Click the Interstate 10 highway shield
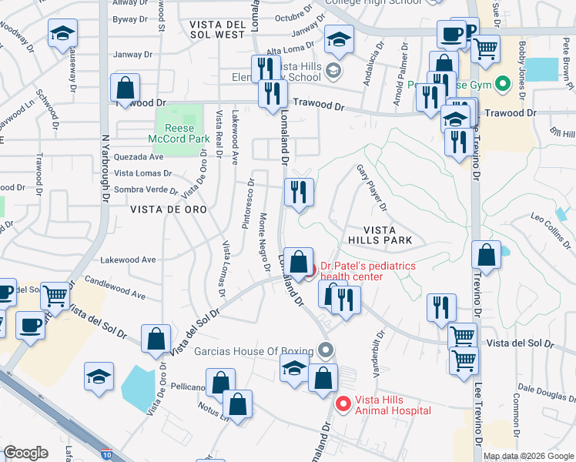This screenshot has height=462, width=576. click(x=106, y=454)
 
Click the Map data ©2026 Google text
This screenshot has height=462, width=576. click(x=528, y=456)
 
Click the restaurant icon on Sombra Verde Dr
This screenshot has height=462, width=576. click(x=298, y=192)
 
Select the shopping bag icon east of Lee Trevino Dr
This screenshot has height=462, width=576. click(x=487, y=255)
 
